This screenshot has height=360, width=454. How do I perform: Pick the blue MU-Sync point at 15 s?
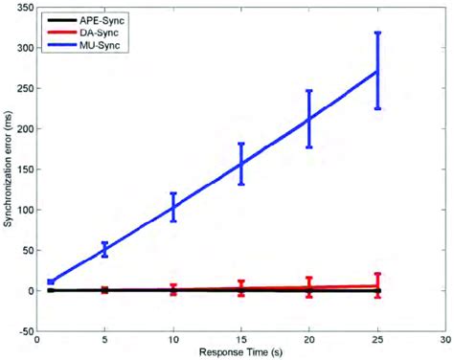[241, 164]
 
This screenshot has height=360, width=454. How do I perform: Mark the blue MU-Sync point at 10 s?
[173, 207]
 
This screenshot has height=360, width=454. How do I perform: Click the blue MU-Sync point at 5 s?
[105, 249]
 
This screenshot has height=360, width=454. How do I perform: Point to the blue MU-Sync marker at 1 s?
[51, 281]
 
